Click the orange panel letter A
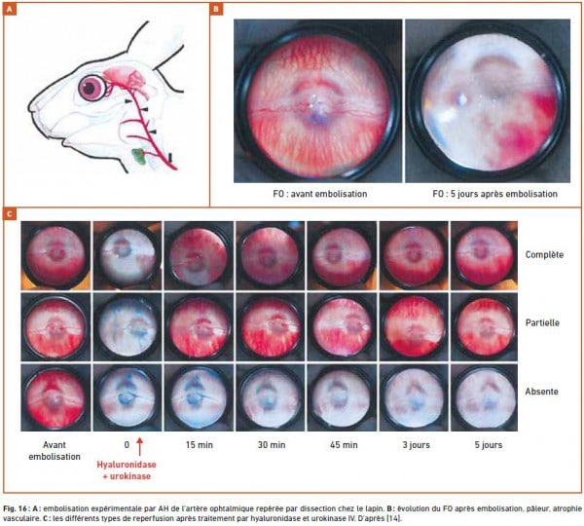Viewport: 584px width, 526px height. click(10, 9)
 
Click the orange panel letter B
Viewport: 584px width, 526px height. click(216, 9)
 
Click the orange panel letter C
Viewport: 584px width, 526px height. click(10, 213)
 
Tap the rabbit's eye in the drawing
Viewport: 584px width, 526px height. click(92, 88)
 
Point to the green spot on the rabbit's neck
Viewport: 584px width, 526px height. click(138, 156)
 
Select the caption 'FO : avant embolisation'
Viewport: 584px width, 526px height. click(320, 194)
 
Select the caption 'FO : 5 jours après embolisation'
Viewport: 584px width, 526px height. click(495, 194)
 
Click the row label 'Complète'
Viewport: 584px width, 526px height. click(544, 255)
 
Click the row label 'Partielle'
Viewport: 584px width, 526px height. click(542, 322)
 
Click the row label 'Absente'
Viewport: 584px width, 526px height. click(541, 392)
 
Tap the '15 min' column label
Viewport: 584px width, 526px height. click(200, 445)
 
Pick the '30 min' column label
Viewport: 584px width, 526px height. click(272, 445)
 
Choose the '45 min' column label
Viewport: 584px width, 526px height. click(344, 445)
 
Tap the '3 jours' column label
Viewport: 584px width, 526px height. click(416, 445)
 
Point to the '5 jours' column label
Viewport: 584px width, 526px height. click(489, 445)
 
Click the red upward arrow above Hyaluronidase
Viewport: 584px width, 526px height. click(139, 446)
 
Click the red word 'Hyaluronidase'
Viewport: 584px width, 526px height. click(127, 465)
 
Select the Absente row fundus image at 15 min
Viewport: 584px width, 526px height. click(200, 397)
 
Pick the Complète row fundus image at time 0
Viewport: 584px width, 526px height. click(128, 255)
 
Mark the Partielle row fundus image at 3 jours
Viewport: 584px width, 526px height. click(415, 326)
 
